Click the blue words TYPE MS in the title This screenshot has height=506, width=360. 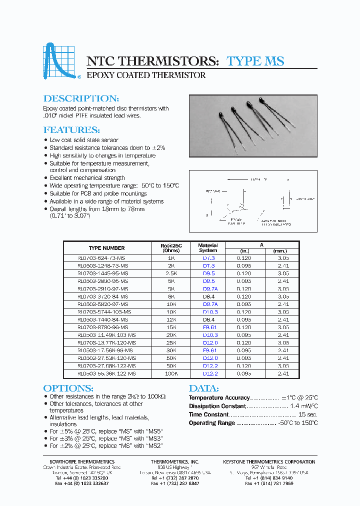[255, 61]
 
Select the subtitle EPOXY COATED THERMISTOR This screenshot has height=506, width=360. [146, 75]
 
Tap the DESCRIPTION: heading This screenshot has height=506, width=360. [81, 98]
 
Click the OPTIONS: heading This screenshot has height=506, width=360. [68, 388]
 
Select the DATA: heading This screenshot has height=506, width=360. [203, 388]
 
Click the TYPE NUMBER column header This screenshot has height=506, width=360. [106, 248]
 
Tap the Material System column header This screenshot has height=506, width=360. [208, 248]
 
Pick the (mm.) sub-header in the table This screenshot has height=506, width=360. [283, 251]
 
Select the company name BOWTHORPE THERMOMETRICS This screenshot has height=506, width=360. [78, 461]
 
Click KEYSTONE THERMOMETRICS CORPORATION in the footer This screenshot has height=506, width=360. [269, 461]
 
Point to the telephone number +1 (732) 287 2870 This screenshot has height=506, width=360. [175, 478]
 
